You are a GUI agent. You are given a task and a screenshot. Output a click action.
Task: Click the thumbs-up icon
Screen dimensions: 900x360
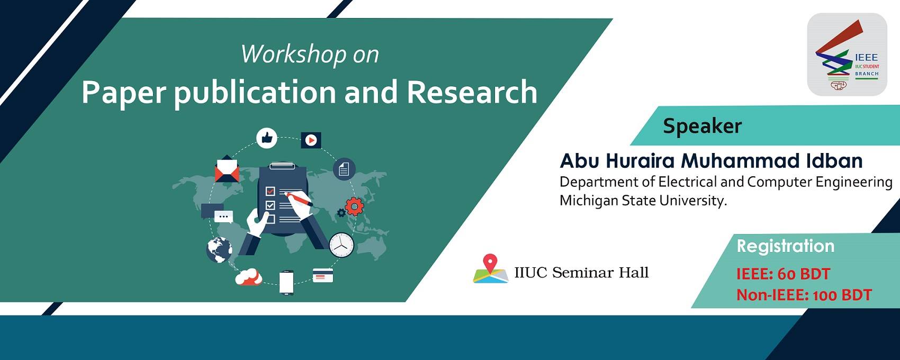tap(267, 138)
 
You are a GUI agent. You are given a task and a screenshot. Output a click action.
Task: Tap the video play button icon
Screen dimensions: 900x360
tap(311, 140)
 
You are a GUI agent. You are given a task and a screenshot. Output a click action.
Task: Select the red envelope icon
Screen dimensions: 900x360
tap(227, 169)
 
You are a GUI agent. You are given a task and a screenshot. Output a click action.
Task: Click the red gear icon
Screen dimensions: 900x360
tap(354, 206)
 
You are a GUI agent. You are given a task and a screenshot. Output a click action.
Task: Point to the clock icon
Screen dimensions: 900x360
tap(341, 245)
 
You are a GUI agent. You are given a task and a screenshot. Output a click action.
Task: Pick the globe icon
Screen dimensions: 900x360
tap(219, 249)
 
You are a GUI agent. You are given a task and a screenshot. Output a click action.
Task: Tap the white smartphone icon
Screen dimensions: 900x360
tap(286, 283)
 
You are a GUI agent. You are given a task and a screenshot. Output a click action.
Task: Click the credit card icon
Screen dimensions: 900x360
tap(323, 275)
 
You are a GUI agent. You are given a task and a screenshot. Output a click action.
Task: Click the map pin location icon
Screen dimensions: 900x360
tap(491, 268)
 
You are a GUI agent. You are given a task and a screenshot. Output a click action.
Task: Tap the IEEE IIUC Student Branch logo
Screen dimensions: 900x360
tap(847, 54)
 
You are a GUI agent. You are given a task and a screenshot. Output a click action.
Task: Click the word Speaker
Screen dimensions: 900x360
tap(703, 126)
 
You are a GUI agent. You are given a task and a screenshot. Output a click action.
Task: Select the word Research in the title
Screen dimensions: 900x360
tap(472, 93)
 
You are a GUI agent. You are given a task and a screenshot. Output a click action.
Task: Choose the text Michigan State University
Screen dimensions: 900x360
tap(643, 201)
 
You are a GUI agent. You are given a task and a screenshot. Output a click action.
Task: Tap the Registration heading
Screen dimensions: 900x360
tap(786, 246)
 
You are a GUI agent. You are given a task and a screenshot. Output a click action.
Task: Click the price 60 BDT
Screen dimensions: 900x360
tap(804, 274)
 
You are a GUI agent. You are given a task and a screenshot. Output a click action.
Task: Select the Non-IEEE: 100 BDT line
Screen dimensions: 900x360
tap(804, 295)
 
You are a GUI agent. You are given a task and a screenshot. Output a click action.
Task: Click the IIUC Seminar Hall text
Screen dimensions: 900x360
tap(581, 273)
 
